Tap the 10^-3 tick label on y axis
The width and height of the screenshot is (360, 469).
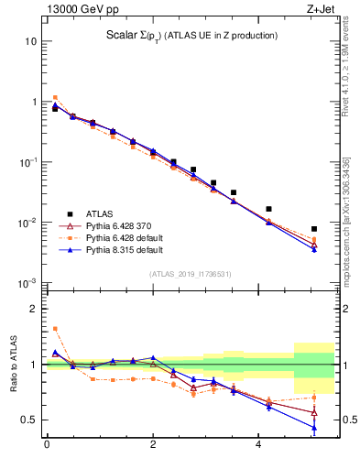27,282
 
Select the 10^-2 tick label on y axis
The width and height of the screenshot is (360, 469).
27,223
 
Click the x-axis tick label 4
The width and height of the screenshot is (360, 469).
259,446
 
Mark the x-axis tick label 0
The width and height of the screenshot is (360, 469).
46,446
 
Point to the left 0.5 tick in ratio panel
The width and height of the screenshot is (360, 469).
30,420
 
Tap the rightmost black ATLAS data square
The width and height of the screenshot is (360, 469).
314,229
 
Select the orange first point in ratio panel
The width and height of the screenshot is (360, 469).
55,329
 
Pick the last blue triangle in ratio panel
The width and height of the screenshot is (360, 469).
314,427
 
